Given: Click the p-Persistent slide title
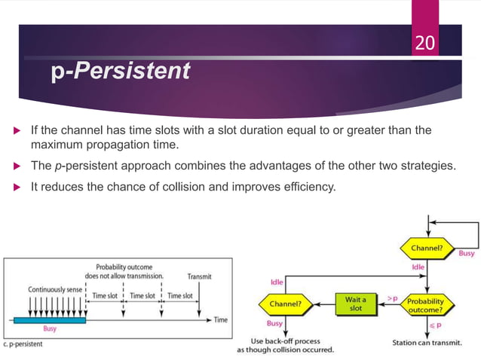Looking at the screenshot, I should point(121,72).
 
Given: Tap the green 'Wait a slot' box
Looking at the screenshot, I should point(354,304).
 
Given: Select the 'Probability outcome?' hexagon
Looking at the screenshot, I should point(427,304).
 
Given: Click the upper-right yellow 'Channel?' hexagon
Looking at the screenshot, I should point(427,247).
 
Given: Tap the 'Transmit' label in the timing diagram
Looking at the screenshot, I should point(198,276).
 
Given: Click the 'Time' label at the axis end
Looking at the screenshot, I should point(219,320).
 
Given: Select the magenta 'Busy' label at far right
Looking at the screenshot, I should point(467,254).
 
